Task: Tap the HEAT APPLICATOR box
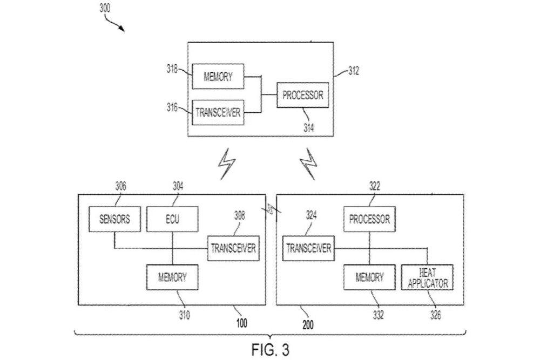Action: click(x=427, y=277)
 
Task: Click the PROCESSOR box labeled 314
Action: click(x=302, y=96)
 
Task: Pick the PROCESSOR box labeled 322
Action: click(x=369, y=220)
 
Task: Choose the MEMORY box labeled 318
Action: click(x=218, y=77)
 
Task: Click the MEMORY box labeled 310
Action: click(x=172, y=277)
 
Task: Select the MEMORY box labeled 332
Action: click(x=369, y=277)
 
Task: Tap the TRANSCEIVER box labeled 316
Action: click(x=218, y=113)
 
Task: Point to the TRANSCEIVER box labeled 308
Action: click(x=233, y=248)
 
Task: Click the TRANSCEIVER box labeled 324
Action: click(x=308, y=248)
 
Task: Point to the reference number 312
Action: click(x=353, y=71)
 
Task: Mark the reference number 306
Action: click(x=120, y=186)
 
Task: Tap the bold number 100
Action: click(x=241, y=324)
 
